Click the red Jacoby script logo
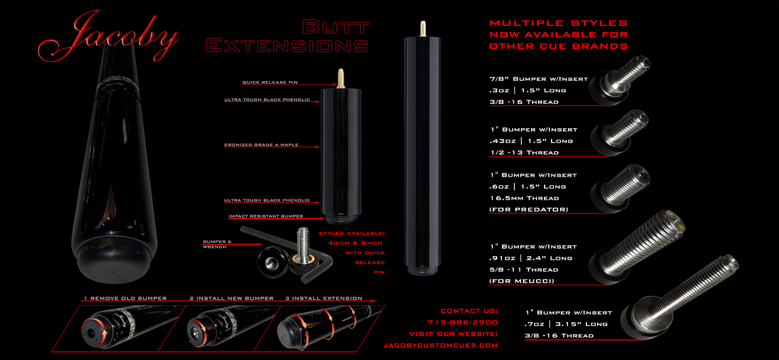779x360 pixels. click(108, 36)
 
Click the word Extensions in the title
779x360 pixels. click(287, 46)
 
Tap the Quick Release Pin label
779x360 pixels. click(270, 82)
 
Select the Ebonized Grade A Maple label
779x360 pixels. click(261, 145)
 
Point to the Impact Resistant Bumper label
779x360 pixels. click(266, 216)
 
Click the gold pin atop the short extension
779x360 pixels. click(341, 78)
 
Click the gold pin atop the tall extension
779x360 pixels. click(423, 29)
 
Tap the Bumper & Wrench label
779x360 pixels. click(217, 244)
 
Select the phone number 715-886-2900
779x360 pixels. click(463, 323)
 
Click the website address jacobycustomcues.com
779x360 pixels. click(441, 345)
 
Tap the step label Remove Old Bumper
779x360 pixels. click(125, 298)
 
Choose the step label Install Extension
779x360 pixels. click(324, 298)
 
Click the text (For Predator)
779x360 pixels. click(529, 210)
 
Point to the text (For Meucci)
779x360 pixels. click(522, 281)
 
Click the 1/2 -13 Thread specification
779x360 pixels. click(525, 153)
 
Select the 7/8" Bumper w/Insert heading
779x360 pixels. click(539, 79)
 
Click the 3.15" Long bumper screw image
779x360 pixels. click(678, 298)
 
